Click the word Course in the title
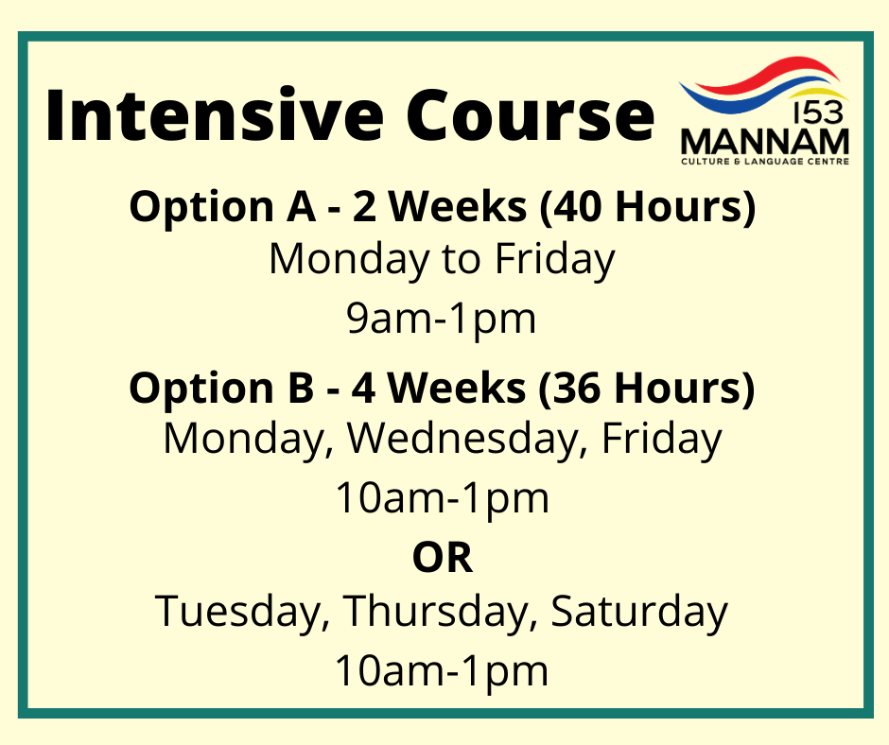[x=531, y=115]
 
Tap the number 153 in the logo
[x=819, y=113]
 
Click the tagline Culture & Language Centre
[x=765, y=162]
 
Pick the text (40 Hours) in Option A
[x=647, y=207]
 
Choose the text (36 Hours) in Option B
[x=646, y=389]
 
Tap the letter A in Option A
[x=301, y=206]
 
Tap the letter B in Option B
[x=301, y=389]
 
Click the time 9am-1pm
[x=442, y=320]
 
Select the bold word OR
[x=443, y=559]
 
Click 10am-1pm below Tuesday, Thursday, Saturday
[x=442, y=671]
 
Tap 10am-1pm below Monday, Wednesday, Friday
[x=443, y=499]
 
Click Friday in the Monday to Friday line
[x=555, y=260]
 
